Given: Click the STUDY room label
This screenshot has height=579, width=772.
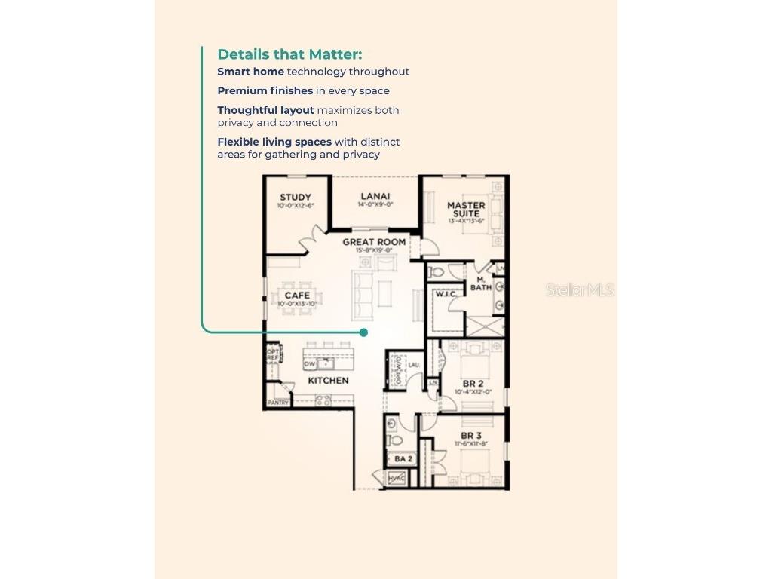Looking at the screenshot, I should pos(295,198).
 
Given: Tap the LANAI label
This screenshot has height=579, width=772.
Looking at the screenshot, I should pos(375,197).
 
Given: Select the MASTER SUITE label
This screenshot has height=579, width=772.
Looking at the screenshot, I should pos(466,209).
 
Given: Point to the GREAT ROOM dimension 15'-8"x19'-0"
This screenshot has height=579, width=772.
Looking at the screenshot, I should pos(374,250).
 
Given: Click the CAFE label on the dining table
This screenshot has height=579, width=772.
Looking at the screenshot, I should pos(297,296).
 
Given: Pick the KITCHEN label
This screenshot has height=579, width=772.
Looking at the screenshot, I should pos(328,381).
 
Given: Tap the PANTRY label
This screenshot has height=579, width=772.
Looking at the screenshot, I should pos(278,403).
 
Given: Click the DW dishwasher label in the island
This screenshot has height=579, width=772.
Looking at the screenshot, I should pos(309,365).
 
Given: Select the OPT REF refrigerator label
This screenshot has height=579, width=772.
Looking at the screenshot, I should pos(272,355).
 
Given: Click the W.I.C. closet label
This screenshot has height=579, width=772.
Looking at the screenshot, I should pos(443,294).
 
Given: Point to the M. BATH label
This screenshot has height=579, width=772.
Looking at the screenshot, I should pos(481,283).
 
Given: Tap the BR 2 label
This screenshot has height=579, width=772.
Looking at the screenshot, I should pos(473,384).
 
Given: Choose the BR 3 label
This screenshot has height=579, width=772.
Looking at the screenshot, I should pos(471,436).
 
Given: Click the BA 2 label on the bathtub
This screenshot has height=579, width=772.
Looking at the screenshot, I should pos(403,458).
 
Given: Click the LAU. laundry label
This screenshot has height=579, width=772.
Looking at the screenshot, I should pos(413,365).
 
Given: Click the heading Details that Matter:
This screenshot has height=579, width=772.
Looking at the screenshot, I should pos(289,54).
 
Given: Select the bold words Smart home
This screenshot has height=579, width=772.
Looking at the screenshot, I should pos(250,72).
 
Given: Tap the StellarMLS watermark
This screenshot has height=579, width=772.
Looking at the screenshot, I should pos(580,290).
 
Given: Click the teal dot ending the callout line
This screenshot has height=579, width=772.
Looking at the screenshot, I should pos(364,332).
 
